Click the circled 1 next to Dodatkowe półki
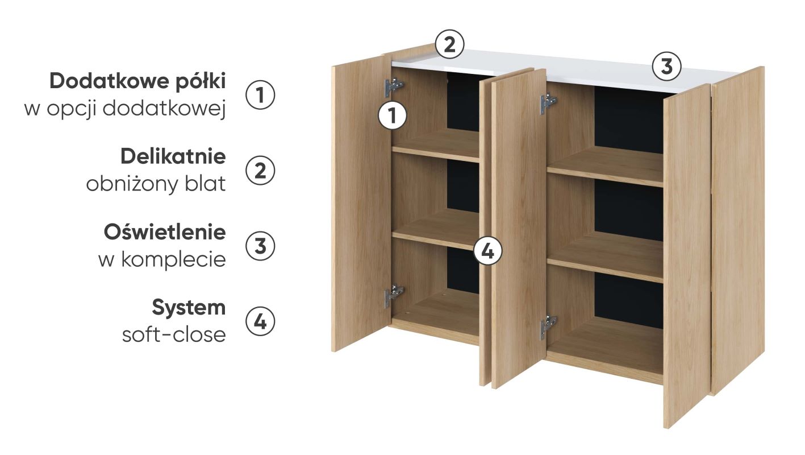[260, 95]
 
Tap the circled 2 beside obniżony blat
[260, 171]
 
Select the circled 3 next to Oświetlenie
[260, 246]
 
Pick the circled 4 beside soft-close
[260, 321]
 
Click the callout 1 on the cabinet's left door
[393, 116]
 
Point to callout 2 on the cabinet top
[449, 44]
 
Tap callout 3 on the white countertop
[667, 67]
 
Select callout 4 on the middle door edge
[487, 251]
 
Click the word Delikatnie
[173, 156]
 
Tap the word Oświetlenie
[165, 232]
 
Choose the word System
[189, 308]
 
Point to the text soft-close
[174, 334]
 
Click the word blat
[205, 184]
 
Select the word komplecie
[174, 260]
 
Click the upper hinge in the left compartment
[394, 87]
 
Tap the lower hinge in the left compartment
[394, 296]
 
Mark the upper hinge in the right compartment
[548, 104]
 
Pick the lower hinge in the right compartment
[548, 327]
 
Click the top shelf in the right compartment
[605, 167]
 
